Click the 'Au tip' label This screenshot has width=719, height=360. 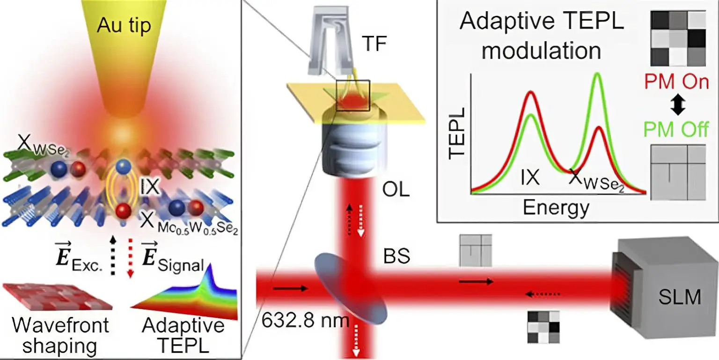[x=124, y=25]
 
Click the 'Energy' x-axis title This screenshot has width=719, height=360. [x=556, y=207]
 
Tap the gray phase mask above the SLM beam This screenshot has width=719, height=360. [x=476, y=250]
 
